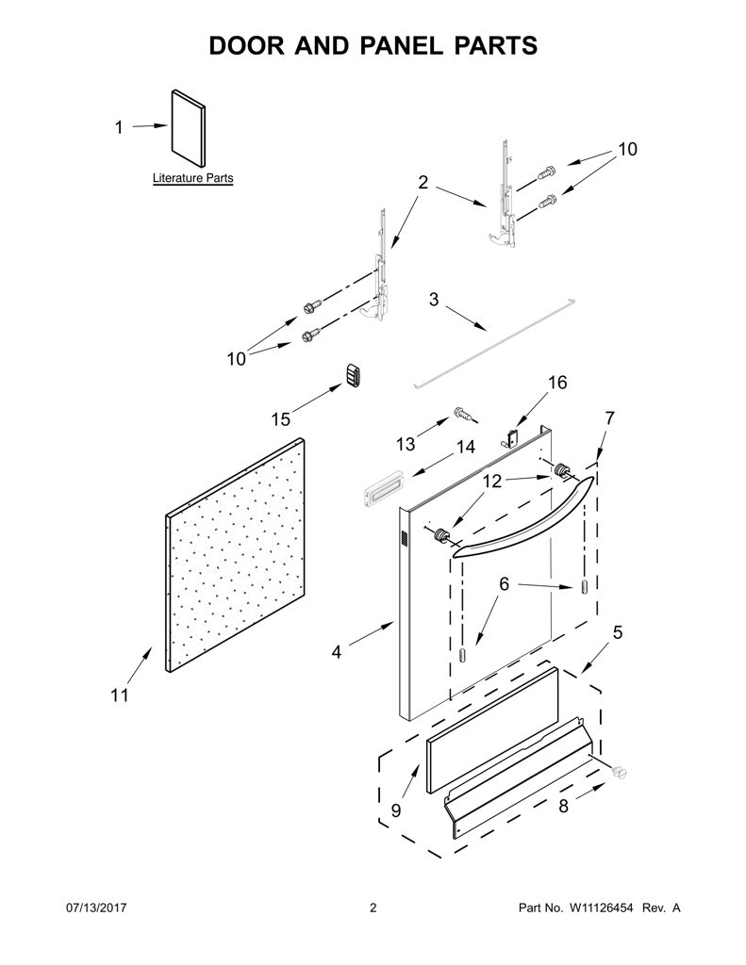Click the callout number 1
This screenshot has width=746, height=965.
click(x=119, y=127)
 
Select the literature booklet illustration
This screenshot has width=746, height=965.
click(x=188, y=128)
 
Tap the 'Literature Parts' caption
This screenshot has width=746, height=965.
click(x=192, y=178)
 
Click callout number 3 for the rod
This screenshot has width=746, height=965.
click(x=434, y=300)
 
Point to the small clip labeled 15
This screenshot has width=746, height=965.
click(x=353, y=375)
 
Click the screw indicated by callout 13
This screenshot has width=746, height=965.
click(x=464, y=415)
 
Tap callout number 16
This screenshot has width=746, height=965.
click(x=557, y=383)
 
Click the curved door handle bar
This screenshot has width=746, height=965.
click(x=523, y=517)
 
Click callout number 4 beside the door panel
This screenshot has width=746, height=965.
click(x=336, y=652)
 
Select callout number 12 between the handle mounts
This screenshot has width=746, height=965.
click(x=492, y=482)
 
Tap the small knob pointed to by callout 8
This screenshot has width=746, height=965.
click(x=619, y=772)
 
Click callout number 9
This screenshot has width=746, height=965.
click(x=396, y=810)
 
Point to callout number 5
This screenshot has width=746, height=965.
click(x=617, y=632)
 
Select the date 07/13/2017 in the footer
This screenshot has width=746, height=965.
click(x=96, y=908)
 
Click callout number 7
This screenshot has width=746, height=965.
click(x=609, y=417)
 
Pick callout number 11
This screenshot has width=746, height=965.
click(x=120, y=695)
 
